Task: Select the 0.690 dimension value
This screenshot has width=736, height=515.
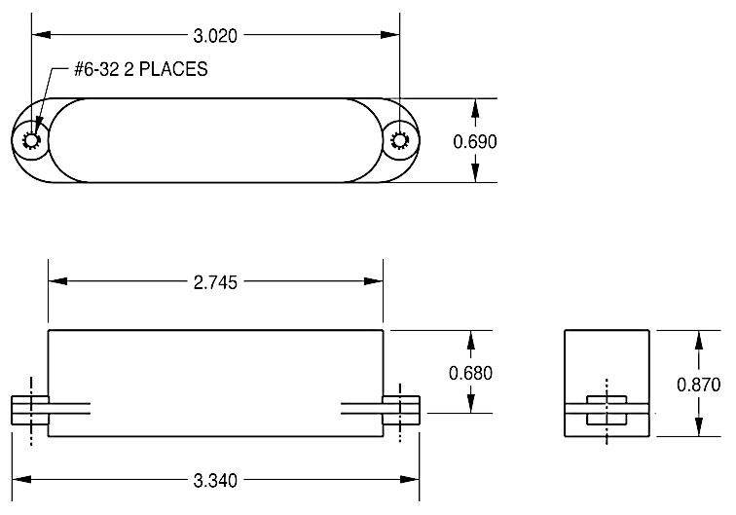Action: (476, 141)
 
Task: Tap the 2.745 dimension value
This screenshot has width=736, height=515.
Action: (216, 281)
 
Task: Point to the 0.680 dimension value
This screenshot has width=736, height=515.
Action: (472, 372)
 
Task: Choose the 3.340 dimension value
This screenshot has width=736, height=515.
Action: (216, 480)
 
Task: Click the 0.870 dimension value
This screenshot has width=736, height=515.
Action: (698, 384)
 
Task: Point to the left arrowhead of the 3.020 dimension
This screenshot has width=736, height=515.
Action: (40, 36)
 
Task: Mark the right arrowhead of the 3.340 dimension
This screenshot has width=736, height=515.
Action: (414, 480)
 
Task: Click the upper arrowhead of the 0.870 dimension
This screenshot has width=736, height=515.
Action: (698, 337)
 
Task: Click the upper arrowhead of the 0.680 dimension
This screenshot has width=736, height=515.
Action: (472, 337)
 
